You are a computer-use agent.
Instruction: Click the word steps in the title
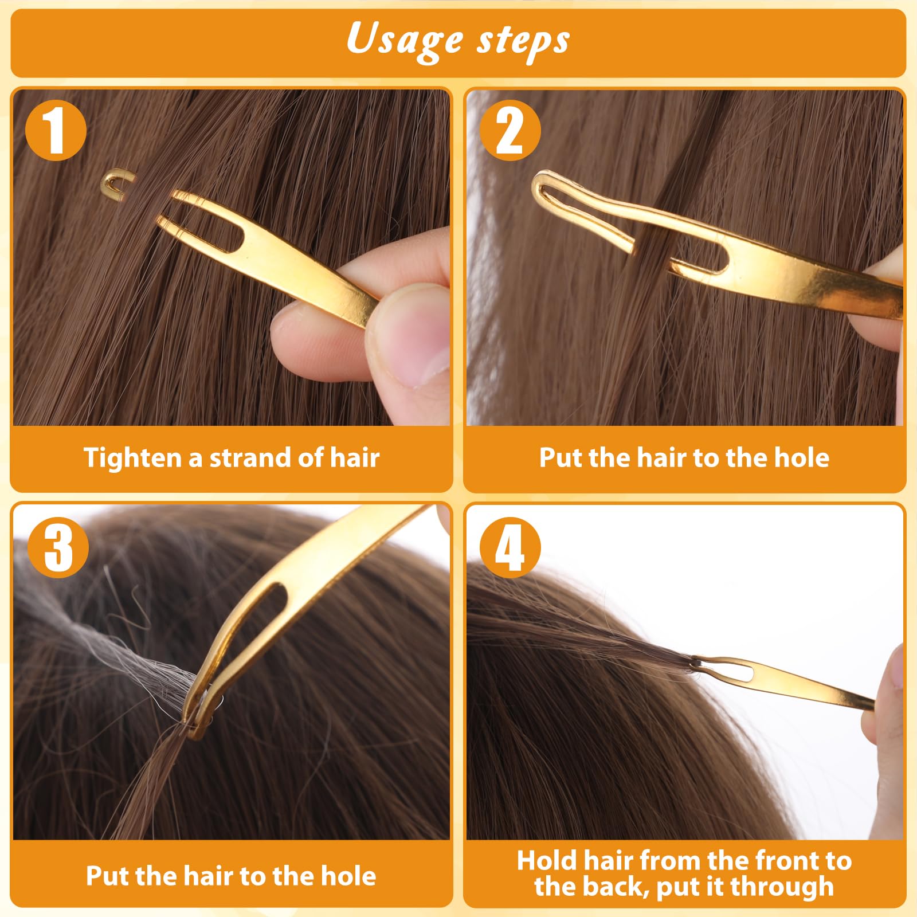523,41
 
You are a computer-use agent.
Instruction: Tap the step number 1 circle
56,131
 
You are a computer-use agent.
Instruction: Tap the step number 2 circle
510,131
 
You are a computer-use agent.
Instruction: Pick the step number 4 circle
510,547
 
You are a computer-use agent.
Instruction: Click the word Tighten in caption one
132,458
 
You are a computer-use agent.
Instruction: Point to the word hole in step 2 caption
801,458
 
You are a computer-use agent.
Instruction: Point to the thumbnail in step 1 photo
418,350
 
